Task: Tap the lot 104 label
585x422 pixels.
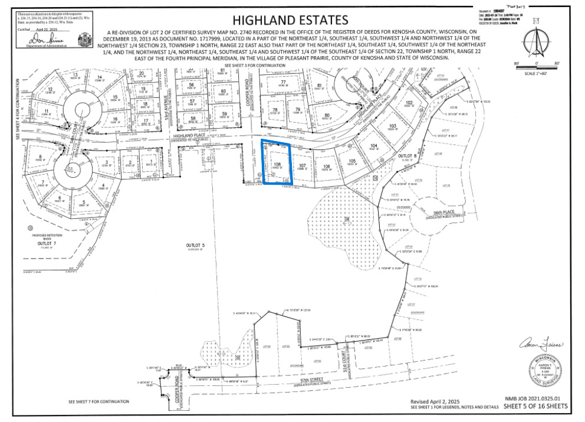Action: (x=372, y=145)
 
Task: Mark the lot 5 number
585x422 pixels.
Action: (x=84, y=202)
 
